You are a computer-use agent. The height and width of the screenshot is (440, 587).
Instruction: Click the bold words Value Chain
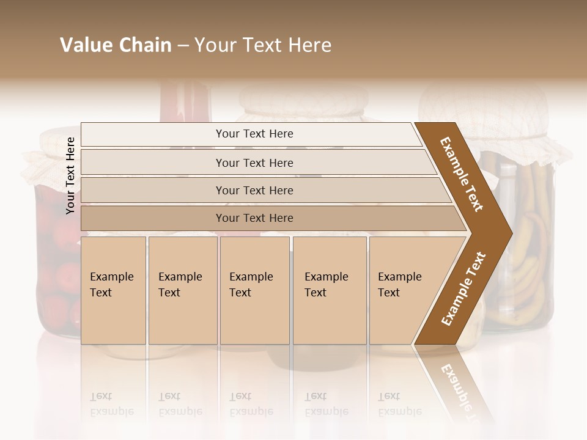116,45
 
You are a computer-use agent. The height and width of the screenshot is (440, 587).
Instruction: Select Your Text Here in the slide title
263,45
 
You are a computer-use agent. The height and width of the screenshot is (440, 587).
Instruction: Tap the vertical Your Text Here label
70,175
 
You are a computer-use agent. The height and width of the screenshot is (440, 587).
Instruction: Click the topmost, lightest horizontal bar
254,134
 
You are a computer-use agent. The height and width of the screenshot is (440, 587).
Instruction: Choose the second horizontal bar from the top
254,163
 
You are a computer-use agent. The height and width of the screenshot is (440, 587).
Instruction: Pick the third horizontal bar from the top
254,191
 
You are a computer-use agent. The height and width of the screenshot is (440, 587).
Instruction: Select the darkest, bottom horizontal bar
254,218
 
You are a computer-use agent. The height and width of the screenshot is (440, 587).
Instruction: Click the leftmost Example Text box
113,290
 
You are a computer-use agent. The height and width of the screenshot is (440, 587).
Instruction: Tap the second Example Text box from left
182,290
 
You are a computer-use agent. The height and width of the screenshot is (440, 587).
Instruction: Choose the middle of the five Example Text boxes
254,290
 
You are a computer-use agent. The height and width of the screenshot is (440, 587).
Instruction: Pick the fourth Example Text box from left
329,290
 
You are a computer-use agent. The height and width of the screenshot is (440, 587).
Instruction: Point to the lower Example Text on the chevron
463,288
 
